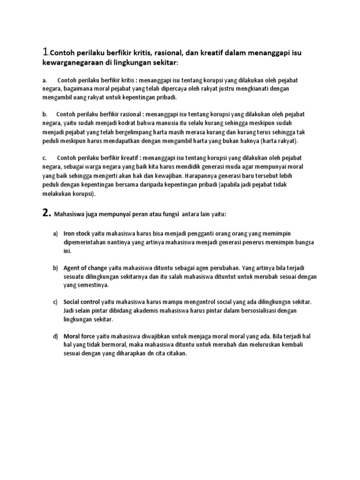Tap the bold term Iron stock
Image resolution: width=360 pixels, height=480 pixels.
76,233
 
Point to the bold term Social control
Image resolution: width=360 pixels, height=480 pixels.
82,301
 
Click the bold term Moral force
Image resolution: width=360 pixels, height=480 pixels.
79,337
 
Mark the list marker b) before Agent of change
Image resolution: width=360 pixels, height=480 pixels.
55,268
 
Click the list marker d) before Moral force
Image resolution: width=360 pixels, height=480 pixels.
55,337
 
